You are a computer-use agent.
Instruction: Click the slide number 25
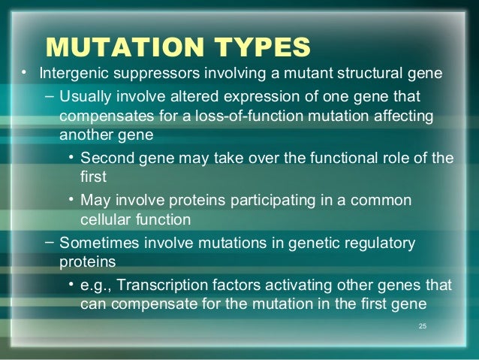(x=422, y=326)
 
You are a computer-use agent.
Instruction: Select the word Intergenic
(x=71, y=74)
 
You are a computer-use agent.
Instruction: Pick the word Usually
(x=84, y=98)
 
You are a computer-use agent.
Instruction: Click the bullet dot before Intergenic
(x=24, y=74)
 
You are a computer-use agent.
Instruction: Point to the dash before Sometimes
(x=49, y=242)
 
